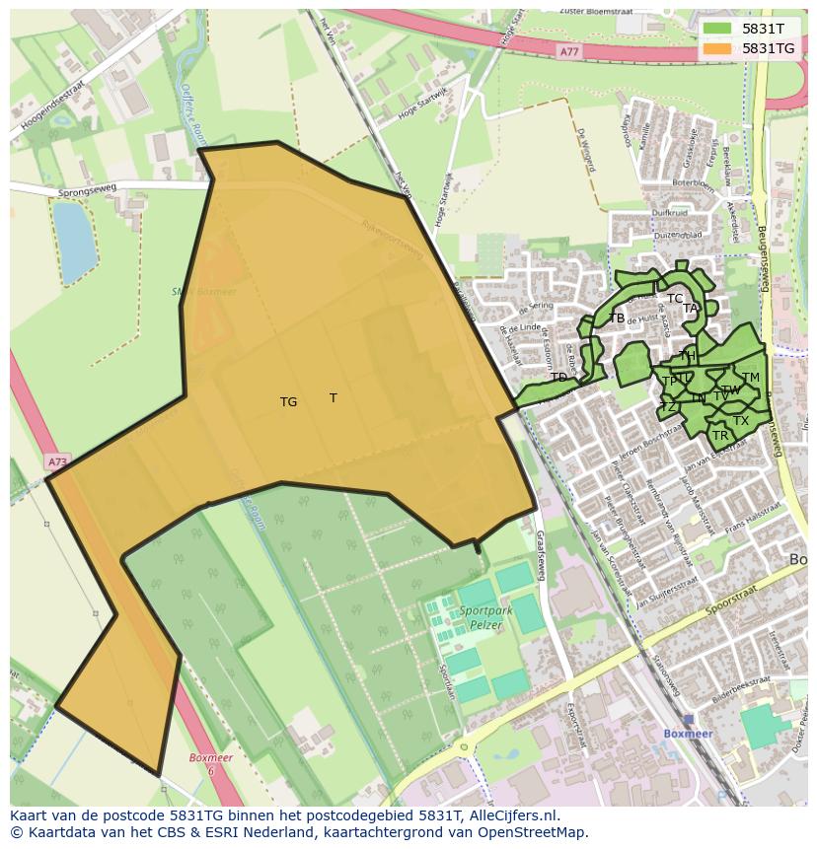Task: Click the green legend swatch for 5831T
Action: tap(717, 29)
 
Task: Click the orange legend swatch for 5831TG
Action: tap(717, 48)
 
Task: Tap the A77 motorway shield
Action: tap(568, 50)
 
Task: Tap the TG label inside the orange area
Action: tap(288, 402)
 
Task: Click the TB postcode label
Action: tap(617, 318)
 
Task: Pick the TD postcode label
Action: tap(558, 378)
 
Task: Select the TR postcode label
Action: tap(720, 436)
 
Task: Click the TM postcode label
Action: tap(751, 378)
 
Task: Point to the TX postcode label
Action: tap(741, 421)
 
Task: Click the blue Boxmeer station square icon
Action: tap(688, 720)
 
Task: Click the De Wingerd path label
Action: tap(588, 149)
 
